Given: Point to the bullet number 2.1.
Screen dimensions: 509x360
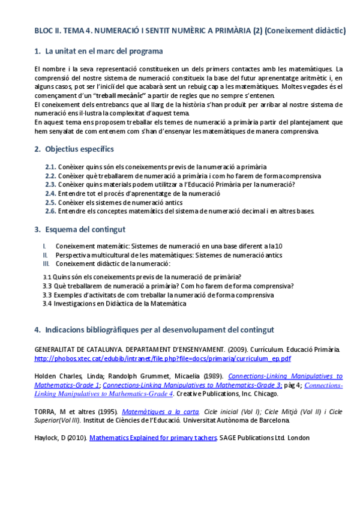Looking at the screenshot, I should (x=50, y=167).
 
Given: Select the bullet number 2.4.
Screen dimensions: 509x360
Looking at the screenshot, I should (x=50, y=193).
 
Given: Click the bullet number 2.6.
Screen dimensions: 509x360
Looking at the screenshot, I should (x=50, y=211).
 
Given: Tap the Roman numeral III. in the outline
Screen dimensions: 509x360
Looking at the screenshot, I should (x=46, y=264).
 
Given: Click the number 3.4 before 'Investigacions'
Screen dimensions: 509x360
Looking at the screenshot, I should (x=47, y=304).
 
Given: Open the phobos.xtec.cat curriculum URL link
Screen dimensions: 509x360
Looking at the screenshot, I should (x=163, y=358).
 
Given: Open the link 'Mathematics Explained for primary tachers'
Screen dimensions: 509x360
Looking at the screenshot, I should (x=152, y=438).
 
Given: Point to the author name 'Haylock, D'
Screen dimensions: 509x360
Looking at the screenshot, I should (x=52, y=438).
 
